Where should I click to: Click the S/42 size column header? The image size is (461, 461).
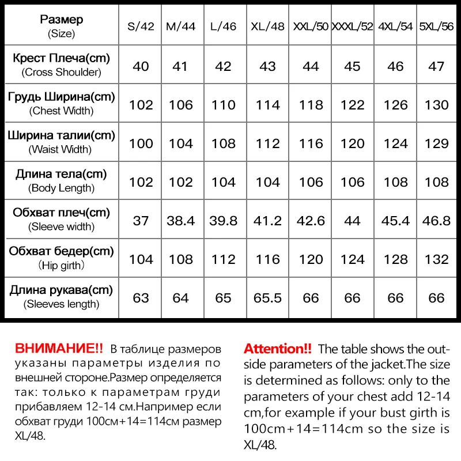pos(141,27)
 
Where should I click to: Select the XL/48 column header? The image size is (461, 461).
pos(268,27)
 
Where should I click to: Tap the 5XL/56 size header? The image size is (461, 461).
pos(437,27)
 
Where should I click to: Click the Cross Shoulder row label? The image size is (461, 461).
pos(61,65)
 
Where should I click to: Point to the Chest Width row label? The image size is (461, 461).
pos(61,104)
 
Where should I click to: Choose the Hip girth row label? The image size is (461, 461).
pos(61,258)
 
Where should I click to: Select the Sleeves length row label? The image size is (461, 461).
pos(61,296)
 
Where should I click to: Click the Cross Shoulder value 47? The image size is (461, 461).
pos(437,66)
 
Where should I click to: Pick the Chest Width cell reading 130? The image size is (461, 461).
pos(437,105)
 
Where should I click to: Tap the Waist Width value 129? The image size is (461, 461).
pos(437,143)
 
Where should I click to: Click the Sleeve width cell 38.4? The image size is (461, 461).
pos(181,221)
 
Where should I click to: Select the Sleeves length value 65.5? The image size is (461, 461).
pos(268,298)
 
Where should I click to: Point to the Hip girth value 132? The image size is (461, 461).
pos(437,259)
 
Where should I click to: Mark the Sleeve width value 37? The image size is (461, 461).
pos(141,221)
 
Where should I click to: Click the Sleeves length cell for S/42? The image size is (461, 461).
pos(141,298)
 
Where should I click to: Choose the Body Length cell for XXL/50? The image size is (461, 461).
pos(311,182)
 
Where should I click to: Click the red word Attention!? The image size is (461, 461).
pos(278,349)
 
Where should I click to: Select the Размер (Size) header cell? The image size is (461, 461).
pos(61,27)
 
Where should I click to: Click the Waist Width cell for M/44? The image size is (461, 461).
pos(181,143)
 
